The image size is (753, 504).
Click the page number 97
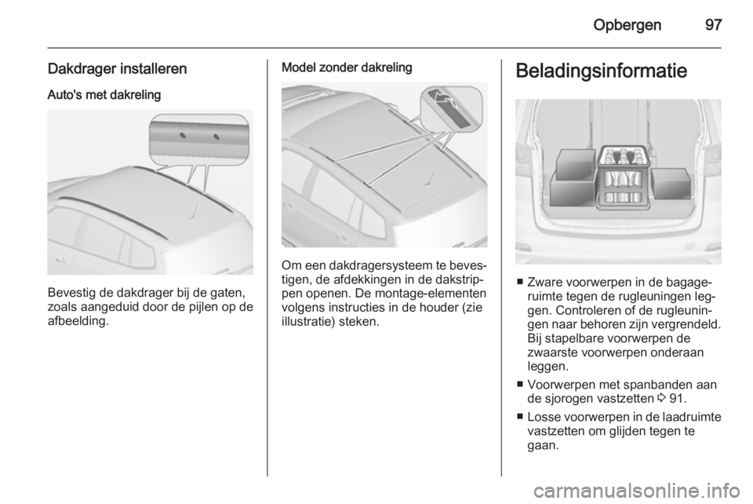pos(712,24)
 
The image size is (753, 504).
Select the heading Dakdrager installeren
pos(117,70)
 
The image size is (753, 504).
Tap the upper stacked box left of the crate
pos(575,166)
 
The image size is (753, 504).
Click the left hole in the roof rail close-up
pos(182,134)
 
